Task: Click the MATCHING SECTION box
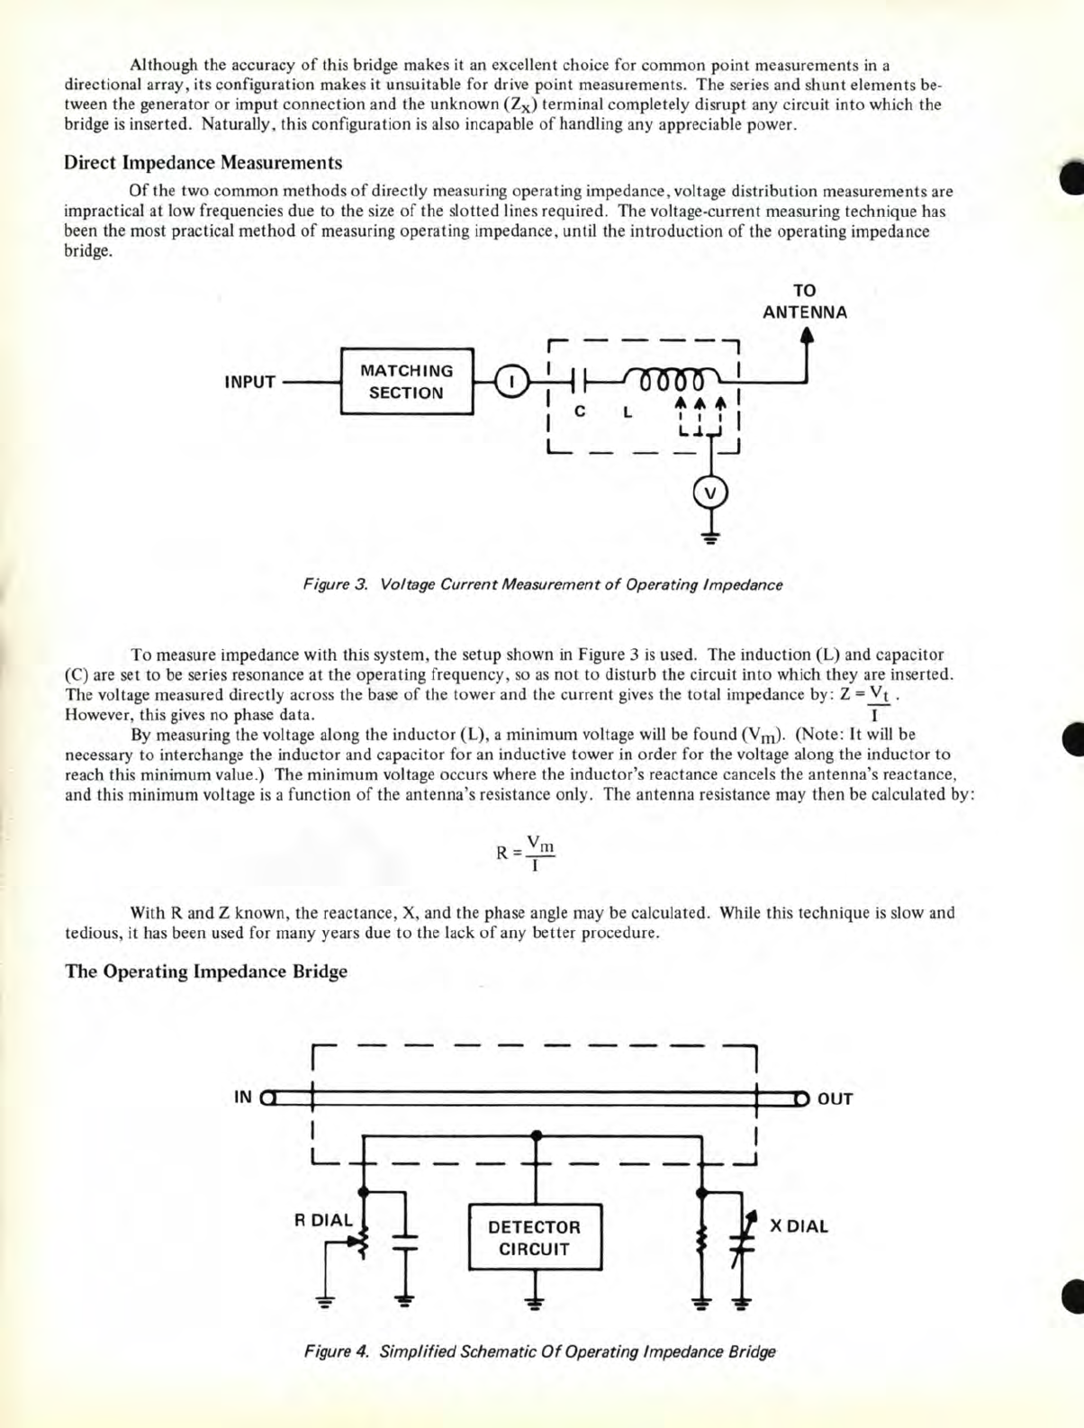407,382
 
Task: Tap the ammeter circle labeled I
510,382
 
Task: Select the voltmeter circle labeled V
710,493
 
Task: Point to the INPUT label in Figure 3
249,382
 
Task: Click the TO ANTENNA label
804,302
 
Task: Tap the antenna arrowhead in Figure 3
807,335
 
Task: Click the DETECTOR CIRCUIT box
536,1237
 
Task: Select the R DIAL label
324,1220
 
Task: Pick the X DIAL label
799,1225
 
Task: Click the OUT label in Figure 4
835,1098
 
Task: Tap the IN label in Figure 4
243,1097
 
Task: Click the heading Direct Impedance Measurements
203,163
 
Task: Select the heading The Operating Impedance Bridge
206,972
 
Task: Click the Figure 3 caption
542,584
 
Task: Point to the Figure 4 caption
539,1351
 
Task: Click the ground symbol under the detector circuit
536,1303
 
